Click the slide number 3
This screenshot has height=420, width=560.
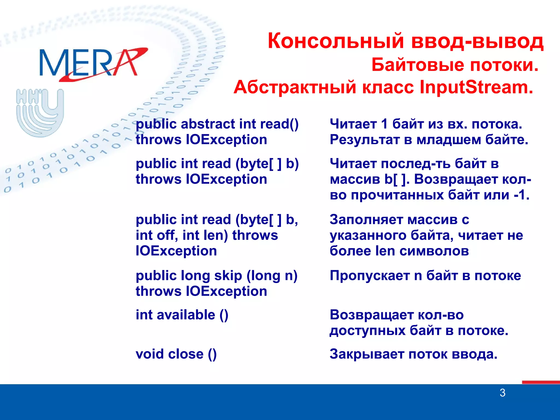coord(502,393)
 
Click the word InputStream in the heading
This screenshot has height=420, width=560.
coord(476,87)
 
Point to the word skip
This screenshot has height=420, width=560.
coord(228,276)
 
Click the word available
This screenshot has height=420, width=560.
coord(186,315)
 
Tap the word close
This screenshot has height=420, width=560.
coord(186,354)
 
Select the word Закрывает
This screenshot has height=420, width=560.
coord(367,354)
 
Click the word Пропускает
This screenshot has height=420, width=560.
coord(369,276)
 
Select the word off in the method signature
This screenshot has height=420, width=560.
coord(165,235)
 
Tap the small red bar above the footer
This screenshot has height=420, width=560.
coord(541,382)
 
